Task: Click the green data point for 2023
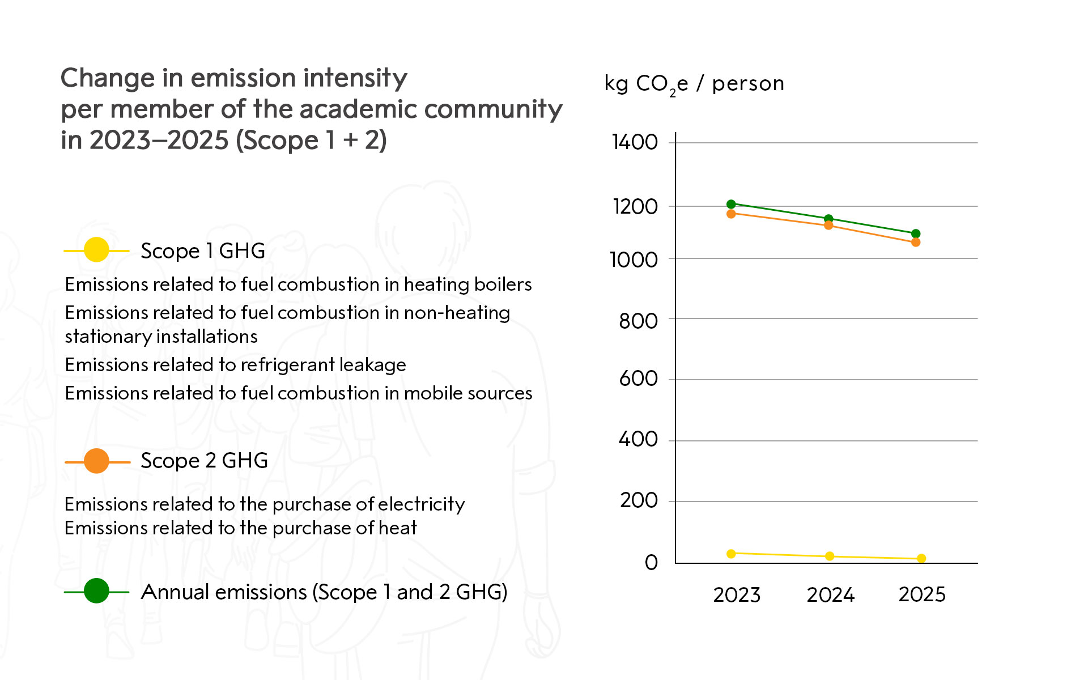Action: (x=731, y=204)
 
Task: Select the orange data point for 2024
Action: (x=828, y=226)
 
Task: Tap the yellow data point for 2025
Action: (x=921, y=559)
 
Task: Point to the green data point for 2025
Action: (x=916, y=233)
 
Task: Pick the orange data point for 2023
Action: (x=731, y=214)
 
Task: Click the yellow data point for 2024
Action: (x=830, y=556)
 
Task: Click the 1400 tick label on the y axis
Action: (x=635, y=142)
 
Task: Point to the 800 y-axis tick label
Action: (x=638, y=321)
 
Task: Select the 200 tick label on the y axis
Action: (x=639, y=500)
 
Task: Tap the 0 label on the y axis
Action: (x=651, y=562)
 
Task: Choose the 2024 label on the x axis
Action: (x=830, y=595)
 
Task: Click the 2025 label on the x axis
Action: (x=922, y=594)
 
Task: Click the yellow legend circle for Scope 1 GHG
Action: (x=96, y=250)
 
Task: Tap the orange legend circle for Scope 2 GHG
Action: (x=96, y=461)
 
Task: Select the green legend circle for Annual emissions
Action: (x=96, y=591)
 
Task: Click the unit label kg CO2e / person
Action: (x=694, y=84)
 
